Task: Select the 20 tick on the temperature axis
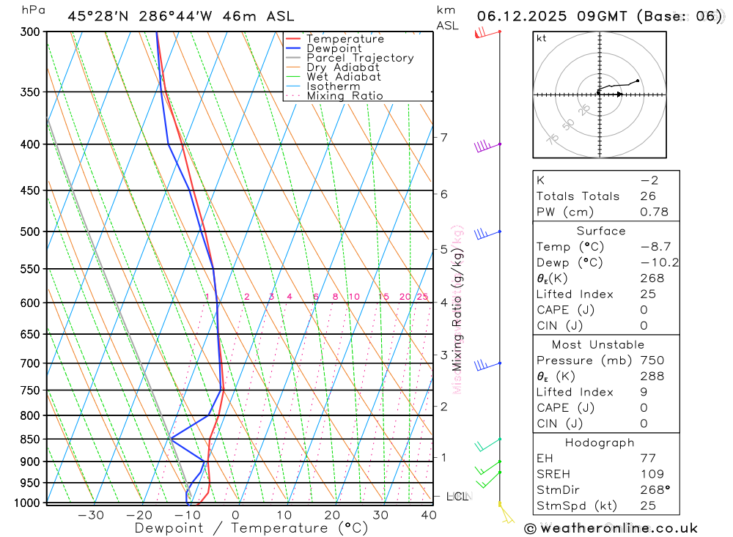tap(332, 515)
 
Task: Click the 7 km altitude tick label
tap(443, 137)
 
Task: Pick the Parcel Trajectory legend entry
tap(360, 58)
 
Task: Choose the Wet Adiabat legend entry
tap(344, 77)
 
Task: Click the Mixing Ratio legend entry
tap(345, 96)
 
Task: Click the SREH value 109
tap(652, 474)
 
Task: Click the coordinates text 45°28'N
tap(95, 16)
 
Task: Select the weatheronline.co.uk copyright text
tap(611, 527)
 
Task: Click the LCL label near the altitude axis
tap(457, 497)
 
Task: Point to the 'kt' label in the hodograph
tap(541, 38)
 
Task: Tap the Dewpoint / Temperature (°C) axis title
tap(251, 528)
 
